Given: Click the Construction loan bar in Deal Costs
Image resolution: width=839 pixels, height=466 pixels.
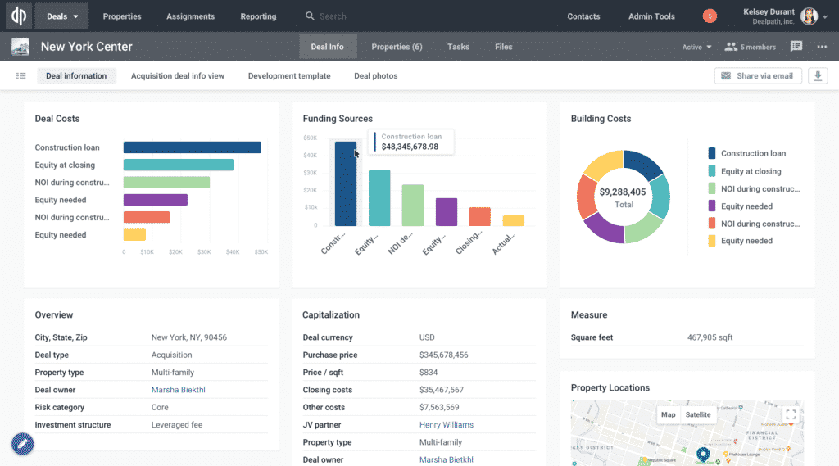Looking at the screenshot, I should point(192,147).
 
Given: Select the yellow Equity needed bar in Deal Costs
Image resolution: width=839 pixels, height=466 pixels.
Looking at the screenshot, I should point(134,235).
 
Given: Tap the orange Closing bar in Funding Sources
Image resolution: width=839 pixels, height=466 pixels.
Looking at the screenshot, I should point(479,216).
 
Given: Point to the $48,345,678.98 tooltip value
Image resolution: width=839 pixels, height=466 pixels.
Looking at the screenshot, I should point(410,147).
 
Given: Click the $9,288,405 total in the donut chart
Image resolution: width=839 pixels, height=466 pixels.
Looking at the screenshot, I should point(623,192).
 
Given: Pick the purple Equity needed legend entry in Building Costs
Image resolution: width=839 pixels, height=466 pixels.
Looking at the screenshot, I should point(746,206).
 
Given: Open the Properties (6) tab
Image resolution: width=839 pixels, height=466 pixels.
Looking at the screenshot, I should point(397,47).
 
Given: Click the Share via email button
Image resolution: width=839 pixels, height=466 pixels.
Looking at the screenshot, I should point(757,76).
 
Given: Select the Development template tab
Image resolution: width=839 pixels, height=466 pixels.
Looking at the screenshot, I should point(289,76).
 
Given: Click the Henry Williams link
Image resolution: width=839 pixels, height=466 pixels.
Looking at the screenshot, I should point(447,425).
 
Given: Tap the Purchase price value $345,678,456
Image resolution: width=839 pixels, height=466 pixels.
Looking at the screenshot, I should point(444,355).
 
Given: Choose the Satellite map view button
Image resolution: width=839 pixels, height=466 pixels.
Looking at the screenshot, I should point(698,414).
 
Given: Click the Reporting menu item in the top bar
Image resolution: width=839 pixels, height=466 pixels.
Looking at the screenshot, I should point(258,16).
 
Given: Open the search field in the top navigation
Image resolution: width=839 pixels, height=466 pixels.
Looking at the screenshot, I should point(344,16).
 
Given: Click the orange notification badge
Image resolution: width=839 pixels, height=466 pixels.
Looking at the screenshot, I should point(710,16).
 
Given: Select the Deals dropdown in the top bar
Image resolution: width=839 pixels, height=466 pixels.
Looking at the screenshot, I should point(61,16).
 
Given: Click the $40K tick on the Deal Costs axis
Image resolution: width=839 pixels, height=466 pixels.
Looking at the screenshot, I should point(233,252).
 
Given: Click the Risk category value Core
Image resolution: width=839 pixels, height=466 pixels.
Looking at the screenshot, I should point(160,407).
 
